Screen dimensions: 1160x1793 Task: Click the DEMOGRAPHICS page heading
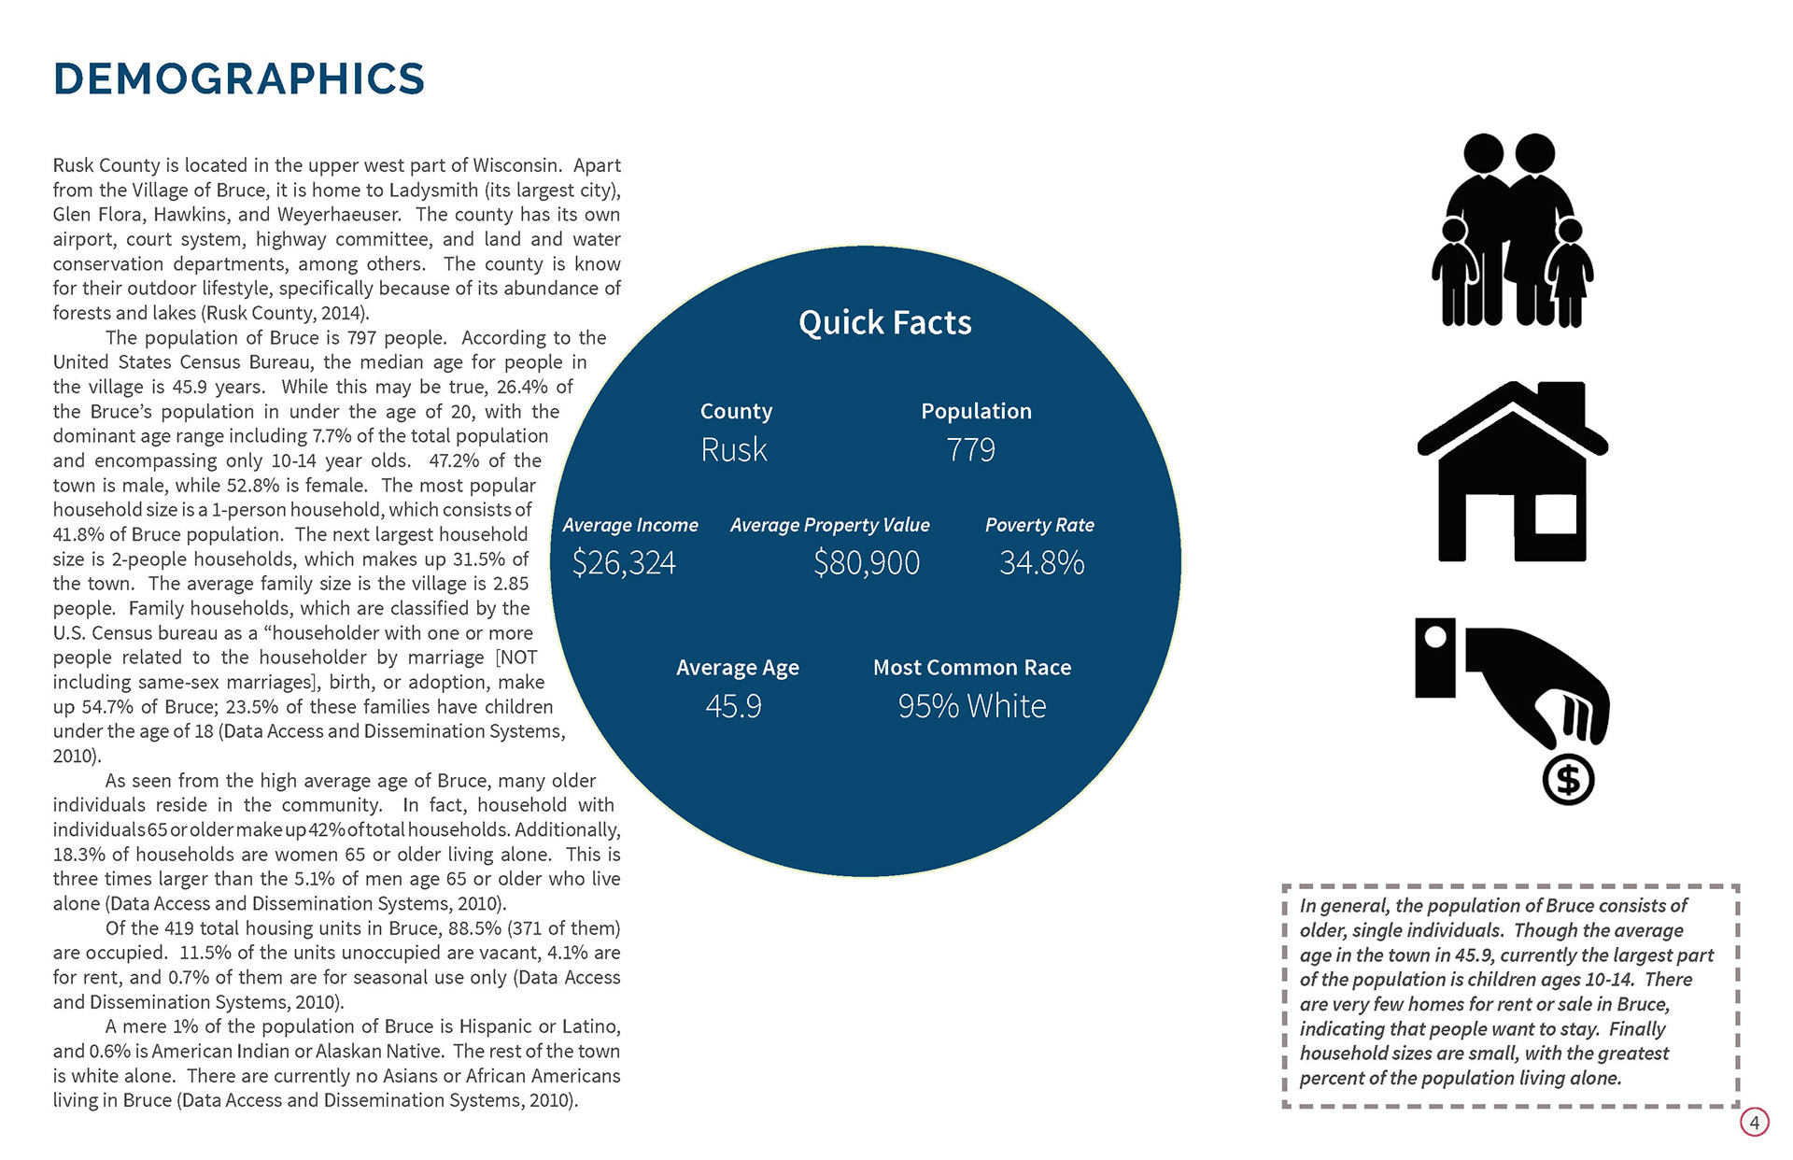click(x=239, y=79)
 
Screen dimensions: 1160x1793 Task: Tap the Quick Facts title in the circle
click(x=884, y=323)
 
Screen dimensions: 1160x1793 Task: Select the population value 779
click(x=971, y=450)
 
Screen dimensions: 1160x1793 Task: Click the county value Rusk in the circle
click(x=734, y=450)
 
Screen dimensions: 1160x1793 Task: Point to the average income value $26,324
click(x=624, y=562)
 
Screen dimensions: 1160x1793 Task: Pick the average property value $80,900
click(x=867, y=562)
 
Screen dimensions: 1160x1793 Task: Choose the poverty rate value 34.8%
click(x=1041, y=562)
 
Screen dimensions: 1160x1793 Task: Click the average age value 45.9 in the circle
click(x=734, y=706)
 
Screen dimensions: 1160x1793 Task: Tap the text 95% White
click(x=972, y=706)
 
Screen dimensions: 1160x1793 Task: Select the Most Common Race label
click(x=972, y=668)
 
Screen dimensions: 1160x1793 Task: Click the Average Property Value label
click(x=829, y=525)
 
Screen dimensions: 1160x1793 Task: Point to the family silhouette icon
click(x=1512, y=230)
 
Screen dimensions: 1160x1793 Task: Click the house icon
click(x=1512, y=476)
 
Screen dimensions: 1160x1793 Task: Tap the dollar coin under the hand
click(x=1568, y=780)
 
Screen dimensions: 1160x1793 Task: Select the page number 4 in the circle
click(x=1755, y=1122)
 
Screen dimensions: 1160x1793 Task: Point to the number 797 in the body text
click(x=362, y=338)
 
